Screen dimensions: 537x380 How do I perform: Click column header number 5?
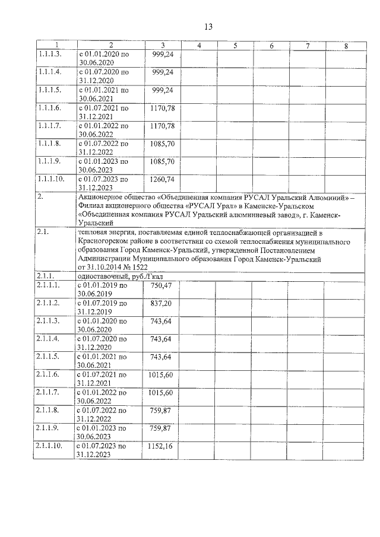pos(235,46)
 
